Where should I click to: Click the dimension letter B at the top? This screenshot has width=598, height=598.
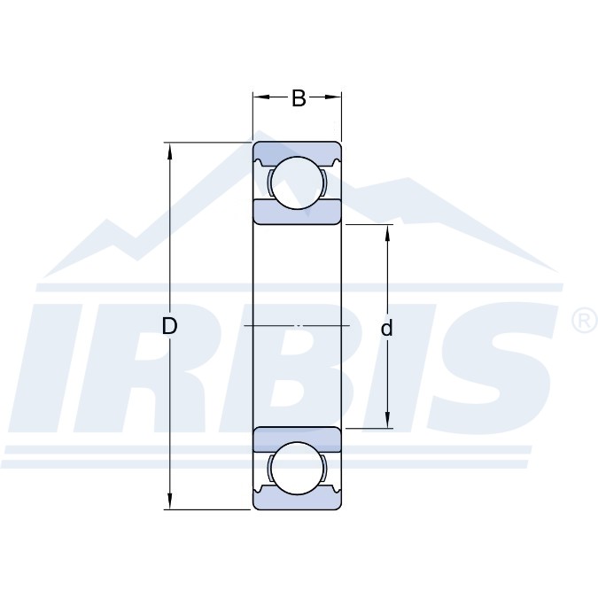pos(299,98)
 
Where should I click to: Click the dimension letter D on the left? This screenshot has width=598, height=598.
pos(169,326)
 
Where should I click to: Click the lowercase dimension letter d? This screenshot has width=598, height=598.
pos(387,328)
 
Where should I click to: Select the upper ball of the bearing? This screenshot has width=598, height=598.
pos(297,183)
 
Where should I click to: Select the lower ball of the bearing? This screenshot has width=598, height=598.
pos(297,469)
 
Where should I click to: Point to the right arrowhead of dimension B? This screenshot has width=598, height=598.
pos(332,97)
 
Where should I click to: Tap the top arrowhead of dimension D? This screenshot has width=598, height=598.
pos(170,151)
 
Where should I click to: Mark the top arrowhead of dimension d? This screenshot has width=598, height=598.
pos(387,233)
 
